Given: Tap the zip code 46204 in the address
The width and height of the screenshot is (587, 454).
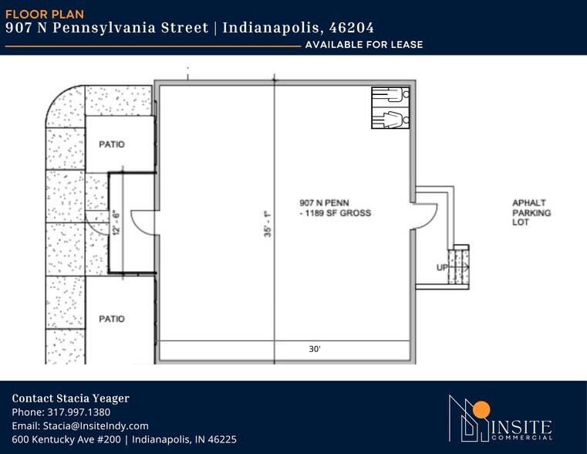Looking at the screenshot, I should click(351, 28).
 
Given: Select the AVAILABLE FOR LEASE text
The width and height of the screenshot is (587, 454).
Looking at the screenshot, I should click(363, 45).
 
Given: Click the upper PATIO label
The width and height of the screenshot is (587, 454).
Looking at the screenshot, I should click(112, 144).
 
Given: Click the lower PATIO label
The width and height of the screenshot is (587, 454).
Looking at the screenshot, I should click(112, 318).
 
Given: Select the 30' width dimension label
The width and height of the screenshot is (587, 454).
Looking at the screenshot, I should click(314, 350).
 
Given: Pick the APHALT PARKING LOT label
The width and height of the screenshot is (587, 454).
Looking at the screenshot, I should click(531, 212).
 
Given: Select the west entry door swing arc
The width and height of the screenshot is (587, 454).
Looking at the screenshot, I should click(143, 222).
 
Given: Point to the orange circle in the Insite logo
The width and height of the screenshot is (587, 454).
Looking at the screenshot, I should click(482, 409).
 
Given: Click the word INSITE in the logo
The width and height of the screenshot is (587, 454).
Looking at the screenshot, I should click(518, 426).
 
